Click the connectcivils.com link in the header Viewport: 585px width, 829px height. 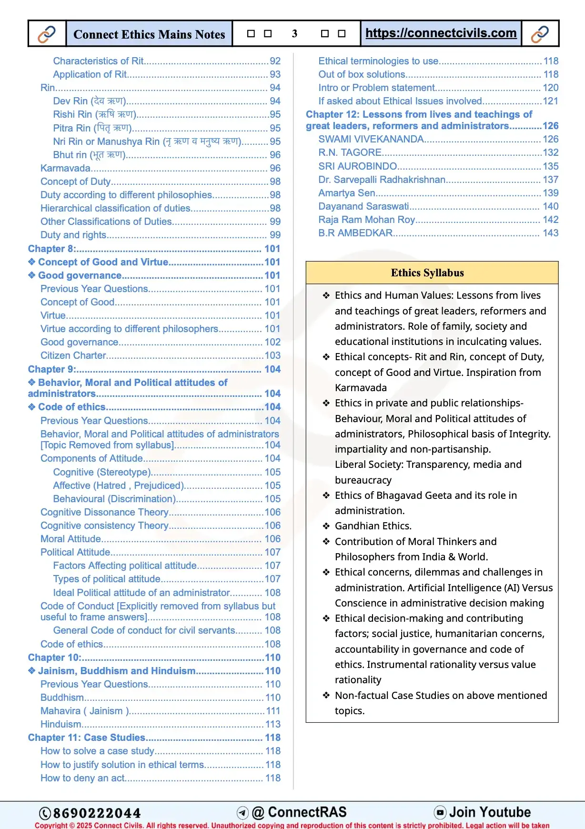(441, 33)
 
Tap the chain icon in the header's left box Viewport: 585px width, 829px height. (47, 34)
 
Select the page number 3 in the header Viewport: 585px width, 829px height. (294, 33)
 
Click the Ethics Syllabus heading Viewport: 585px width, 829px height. (427, 273)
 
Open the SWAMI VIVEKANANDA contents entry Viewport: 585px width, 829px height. (371, 139)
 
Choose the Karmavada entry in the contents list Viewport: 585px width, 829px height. (65, 168)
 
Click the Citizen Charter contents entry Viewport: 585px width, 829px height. (73, 355)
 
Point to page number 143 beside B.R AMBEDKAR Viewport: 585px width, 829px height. (550, 233)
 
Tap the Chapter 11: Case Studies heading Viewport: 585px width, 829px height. (86, 738)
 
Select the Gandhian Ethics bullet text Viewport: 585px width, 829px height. (373, 526)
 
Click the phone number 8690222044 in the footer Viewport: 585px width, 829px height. (97, 813)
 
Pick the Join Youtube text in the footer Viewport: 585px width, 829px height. (490, 812)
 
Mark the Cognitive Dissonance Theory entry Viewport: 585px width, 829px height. (104, 512)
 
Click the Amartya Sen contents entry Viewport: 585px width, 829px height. (346, 193)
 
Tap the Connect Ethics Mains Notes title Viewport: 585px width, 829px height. (149, 34)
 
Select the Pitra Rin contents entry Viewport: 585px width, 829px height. (92, 128)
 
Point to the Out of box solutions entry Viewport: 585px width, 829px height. (362, 74)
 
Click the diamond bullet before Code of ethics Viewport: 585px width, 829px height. (32, 407)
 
